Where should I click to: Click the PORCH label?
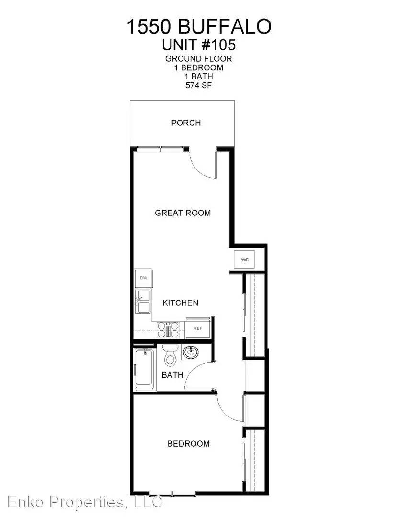186,123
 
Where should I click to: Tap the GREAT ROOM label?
183,213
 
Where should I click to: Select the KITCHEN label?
181,303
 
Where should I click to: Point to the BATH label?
172,375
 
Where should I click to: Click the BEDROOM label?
188,443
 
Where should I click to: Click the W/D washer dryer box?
245,260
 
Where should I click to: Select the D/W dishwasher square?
143,278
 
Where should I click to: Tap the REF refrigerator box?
198,328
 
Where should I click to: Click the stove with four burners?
168,329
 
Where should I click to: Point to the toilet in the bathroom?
170,355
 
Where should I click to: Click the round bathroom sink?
191,352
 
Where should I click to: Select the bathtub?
145,369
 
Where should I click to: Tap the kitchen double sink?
143,302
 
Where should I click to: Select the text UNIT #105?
198,45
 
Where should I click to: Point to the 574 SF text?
198,85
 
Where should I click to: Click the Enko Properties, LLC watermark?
85,502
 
